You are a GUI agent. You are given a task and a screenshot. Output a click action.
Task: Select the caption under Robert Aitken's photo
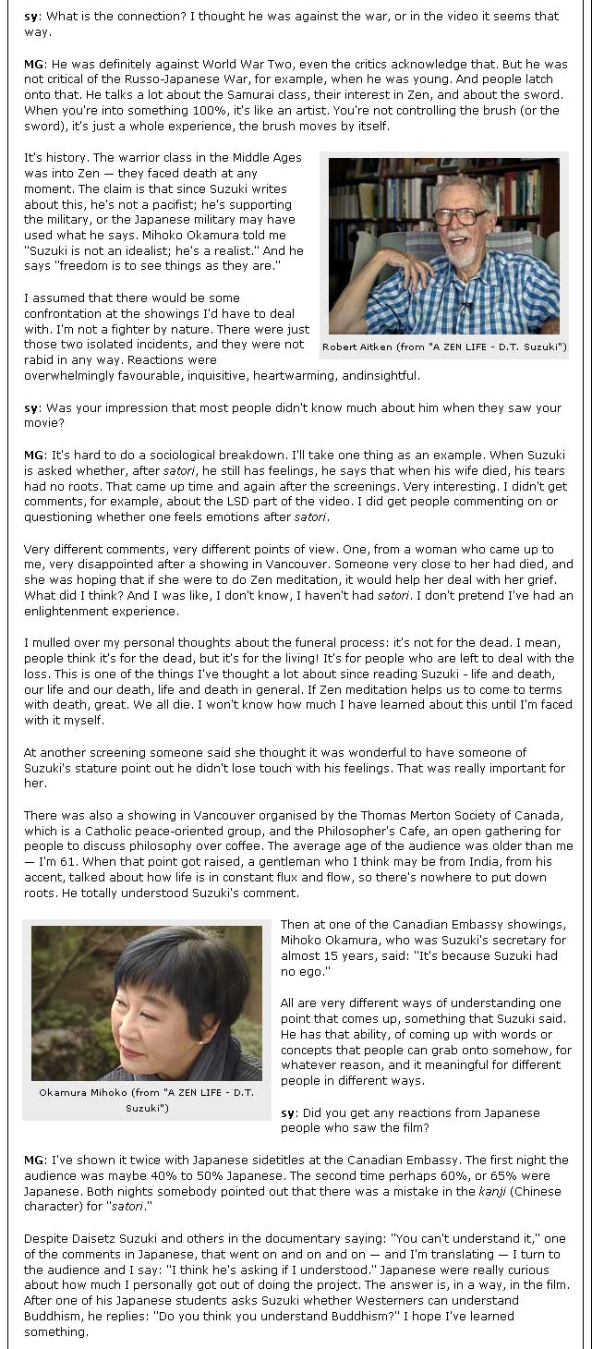pos(444,347)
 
